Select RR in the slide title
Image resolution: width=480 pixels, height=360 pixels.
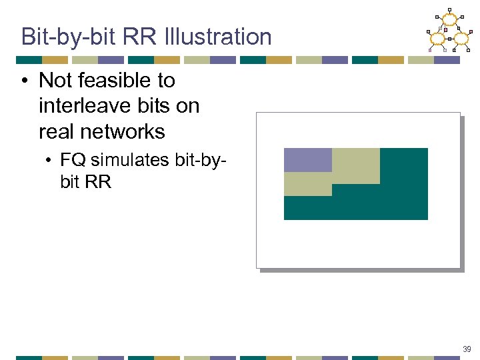(x=146, y=36)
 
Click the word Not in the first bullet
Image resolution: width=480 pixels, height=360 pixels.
(x=55, y=80)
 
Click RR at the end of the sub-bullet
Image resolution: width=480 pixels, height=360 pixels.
(x=99, y=181)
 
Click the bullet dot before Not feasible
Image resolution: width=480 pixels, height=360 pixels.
(x=24, y=81)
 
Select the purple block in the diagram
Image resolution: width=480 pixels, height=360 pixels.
(x=307, y=160)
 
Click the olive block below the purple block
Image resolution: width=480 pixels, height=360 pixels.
(x=307, y=184)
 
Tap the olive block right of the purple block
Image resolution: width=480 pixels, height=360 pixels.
(x=355, y=165)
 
